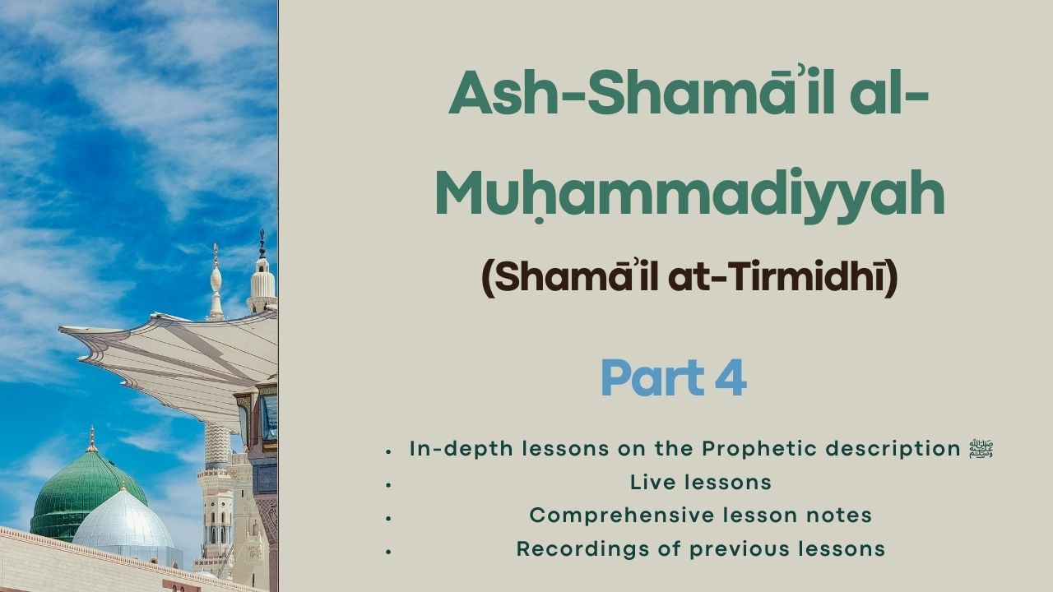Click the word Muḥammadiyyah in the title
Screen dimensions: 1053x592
click(690, 195)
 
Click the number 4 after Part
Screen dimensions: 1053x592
click(731, 377)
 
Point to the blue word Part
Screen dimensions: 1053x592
click(653, 377)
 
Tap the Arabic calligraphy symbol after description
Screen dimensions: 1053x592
click(981, 449)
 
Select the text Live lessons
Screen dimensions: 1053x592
click(701, 483)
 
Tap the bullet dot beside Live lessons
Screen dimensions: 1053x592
click(388, 484)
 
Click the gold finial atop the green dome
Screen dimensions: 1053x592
click(92, 439)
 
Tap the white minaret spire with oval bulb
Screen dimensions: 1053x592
click(216, 282)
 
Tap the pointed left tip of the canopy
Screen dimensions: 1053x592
click(60, 329)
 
